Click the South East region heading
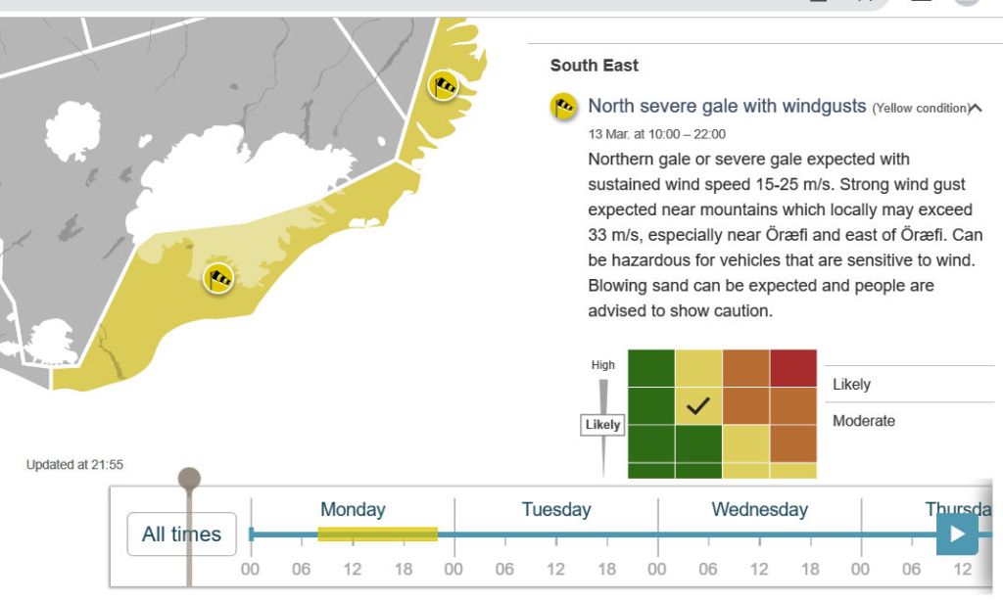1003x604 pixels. (x=594, y=66)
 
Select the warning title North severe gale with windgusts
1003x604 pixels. (x=727, y=106)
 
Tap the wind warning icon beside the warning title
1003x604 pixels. (x=563, y=106)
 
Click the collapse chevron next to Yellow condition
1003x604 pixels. (x=976, y=108)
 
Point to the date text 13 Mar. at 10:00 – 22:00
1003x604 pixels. (x=656, y=134)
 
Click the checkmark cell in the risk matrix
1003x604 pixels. (x=697, y=406)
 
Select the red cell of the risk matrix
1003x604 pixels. (x=793, y=368)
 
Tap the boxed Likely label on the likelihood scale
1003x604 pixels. (x=602, y=425)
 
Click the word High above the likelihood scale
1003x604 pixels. (x=602, y=365)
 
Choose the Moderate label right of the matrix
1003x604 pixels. (x=864, y=421)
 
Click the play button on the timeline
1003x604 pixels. (x=957, y=534)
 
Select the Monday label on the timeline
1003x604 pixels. (x=353, y=509)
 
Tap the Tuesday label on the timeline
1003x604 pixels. (x=556, y=509)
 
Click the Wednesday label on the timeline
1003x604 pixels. (x=759, y=509)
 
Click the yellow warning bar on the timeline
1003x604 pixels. (x=377, y=534)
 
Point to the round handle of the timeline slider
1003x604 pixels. (x=189, y=479)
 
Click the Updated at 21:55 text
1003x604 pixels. (x=74, y=465)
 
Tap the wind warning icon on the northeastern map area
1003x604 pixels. (x=444, y=85)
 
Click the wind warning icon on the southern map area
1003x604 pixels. (x=218, y=279)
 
